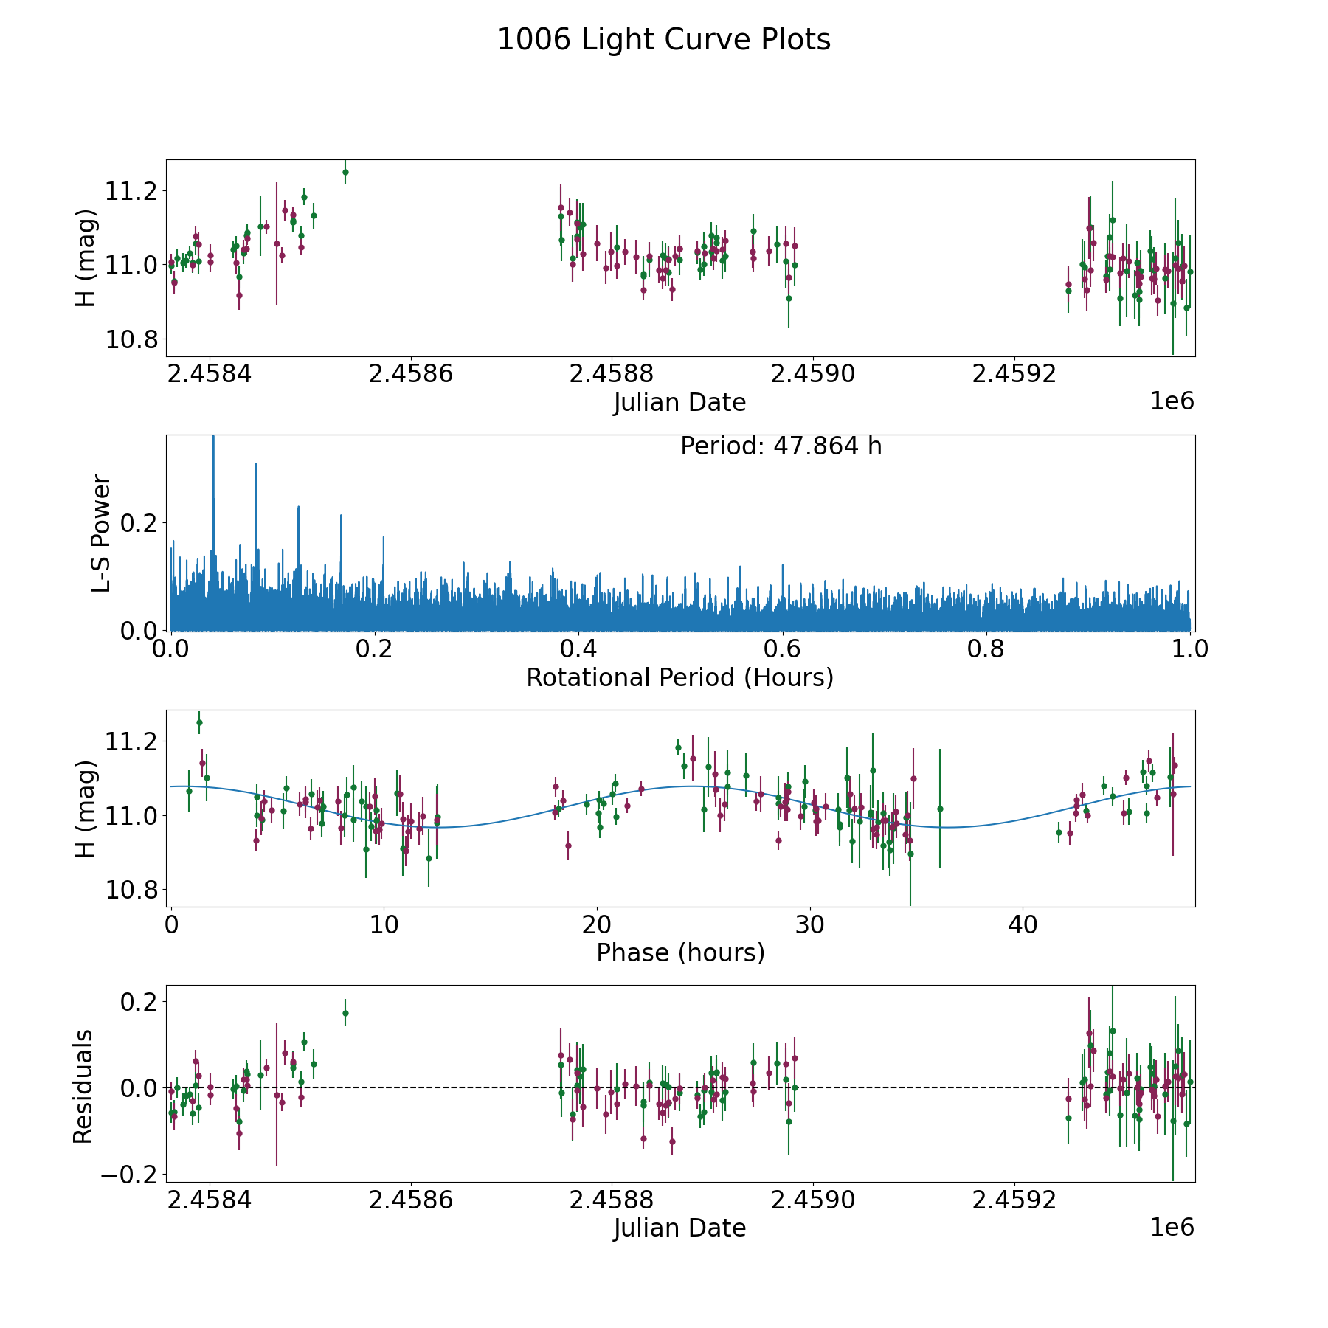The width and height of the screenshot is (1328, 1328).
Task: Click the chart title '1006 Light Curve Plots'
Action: [664, 40]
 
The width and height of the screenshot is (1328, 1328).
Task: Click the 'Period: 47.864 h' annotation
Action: [781, 446]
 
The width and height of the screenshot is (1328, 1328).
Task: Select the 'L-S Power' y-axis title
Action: [101, 533]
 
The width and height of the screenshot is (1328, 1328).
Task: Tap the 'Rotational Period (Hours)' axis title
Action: [679, 677]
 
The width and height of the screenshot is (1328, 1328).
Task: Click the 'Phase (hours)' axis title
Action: [680, 952]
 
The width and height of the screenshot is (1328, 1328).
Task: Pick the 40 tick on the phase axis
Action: [1023, 924]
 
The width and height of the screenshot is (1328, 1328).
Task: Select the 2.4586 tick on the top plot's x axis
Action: [410, 374]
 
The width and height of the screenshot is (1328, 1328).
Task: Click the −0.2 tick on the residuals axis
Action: [130, 1174]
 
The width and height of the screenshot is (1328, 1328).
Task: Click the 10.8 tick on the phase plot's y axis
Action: [132, 890]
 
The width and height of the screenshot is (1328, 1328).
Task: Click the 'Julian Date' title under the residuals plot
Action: [679, 1228]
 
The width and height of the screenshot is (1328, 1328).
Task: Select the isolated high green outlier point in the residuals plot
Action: [345, 1013]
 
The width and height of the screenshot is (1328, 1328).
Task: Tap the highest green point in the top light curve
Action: [345, 172]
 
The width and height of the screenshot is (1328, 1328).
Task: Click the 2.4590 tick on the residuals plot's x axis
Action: [813, 1200]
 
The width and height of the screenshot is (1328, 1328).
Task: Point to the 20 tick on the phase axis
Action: [596, 924]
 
